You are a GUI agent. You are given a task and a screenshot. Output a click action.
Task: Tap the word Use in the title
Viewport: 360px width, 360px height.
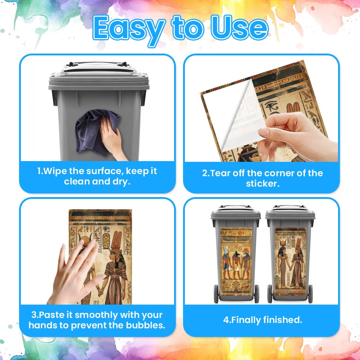(240, 28)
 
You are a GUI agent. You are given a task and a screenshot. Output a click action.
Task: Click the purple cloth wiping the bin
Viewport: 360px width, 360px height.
(96, 131)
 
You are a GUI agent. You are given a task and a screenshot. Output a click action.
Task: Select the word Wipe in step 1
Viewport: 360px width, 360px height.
(54, 171)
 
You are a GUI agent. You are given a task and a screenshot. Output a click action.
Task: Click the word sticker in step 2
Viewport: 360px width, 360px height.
(263, 184)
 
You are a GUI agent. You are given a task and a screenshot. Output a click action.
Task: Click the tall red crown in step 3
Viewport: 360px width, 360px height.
(117, 240)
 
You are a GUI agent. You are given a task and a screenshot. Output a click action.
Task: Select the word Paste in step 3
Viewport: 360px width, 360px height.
(51, 315)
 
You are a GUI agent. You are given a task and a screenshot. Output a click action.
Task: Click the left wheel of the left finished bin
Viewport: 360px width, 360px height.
(216, 294)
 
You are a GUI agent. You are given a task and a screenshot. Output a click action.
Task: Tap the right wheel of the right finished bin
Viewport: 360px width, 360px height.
(310, 294)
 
